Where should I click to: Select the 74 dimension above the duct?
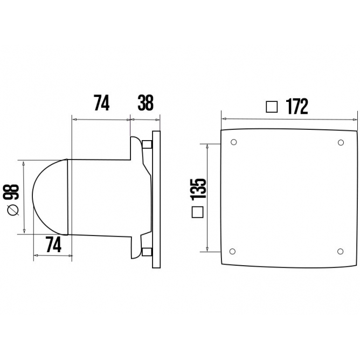[102, 102]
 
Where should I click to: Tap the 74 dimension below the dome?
[52, 245]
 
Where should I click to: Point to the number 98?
[14, 192]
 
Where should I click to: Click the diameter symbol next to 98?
[14, 211]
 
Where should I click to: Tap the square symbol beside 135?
[198, 212]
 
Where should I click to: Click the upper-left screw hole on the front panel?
[233, 143]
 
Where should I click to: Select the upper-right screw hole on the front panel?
[340, 143]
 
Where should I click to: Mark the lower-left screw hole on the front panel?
[233, 251]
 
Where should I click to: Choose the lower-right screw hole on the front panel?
[340, 251]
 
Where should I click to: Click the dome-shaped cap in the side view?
[50, 197]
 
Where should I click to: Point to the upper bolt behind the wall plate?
[147, 144]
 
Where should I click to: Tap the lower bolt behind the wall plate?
[147, 251]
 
